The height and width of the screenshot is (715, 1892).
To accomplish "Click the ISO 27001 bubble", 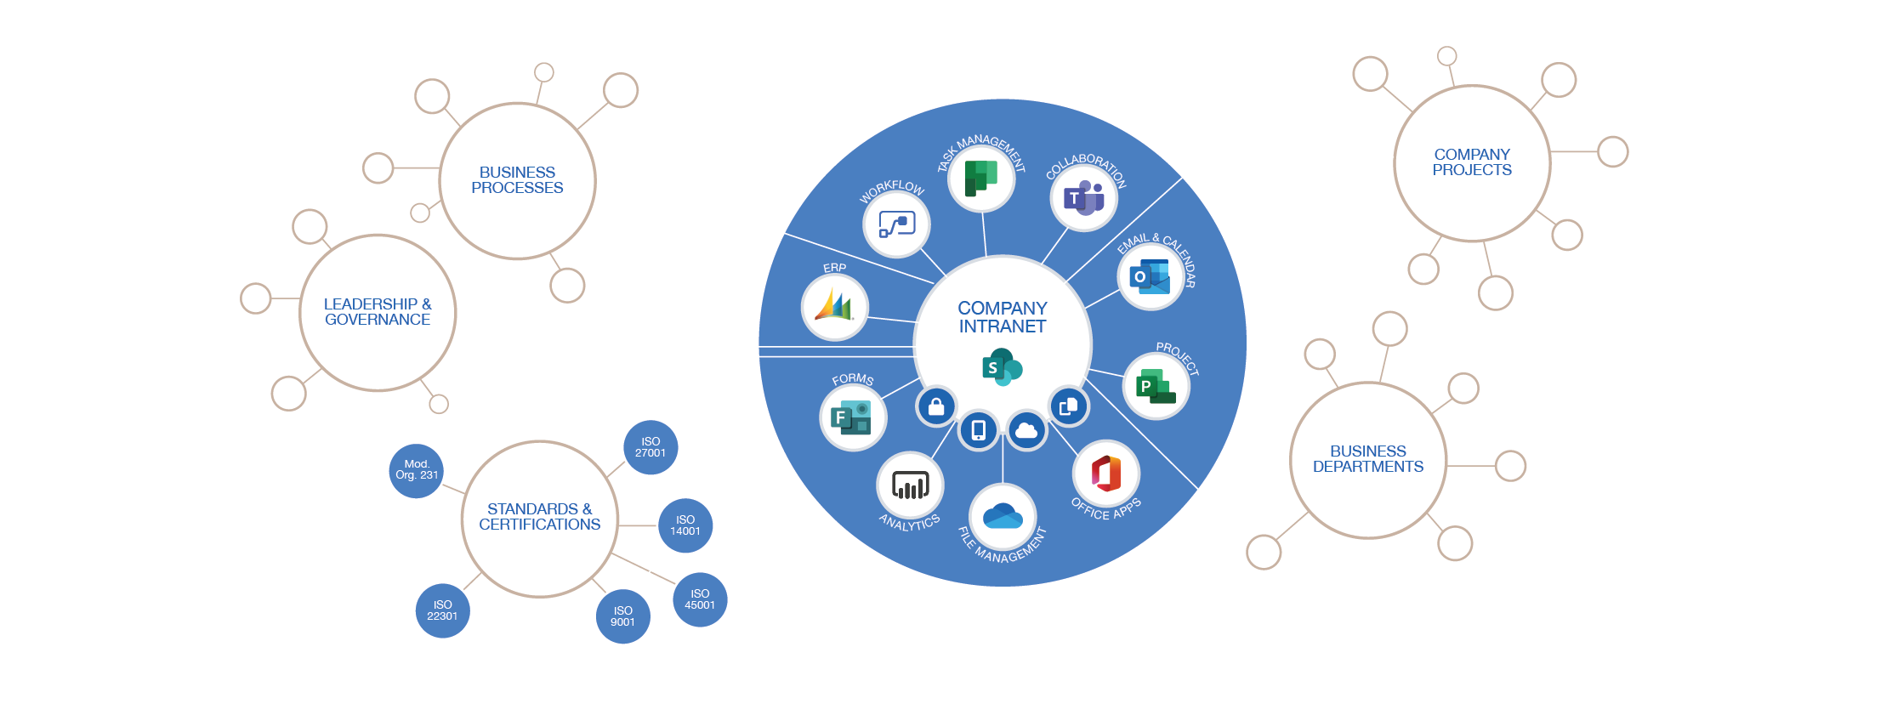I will (651, 447).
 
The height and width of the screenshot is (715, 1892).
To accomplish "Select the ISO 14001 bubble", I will (685, 525).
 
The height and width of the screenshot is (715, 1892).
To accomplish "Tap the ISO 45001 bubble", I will (700, 599).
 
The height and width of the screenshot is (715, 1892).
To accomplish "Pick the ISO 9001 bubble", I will (622, 616).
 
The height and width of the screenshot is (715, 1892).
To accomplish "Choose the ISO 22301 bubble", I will (442, 610).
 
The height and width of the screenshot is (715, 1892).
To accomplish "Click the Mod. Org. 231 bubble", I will (417, 470).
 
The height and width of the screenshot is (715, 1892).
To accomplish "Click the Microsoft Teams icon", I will (1083, 198).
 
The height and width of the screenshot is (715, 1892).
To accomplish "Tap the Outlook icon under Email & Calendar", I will (1150, 277).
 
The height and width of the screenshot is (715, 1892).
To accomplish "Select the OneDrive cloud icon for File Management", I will (1003, 516).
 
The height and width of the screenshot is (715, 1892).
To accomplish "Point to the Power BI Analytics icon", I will (910, 485).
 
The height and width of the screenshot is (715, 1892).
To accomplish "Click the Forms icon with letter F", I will (852, 417).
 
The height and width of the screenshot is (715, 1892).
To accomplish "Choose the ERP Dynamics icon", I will (834, 306).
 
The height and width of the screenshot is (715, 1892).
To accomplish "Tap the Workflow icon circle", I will (896, 224).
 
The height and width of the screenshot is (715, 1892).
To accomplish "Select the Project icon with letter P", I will (1156, 387).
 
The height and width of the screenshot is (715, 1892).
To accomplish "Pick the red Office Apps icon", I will (1105, 474).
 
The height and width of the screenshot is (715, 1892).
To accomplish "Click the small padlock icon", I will (936, 406).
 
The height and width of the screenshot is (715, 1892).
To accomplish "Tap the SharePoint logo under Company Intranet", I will (1002, 367).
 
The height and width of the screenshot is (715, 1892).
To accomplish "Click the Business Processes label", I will (517, 180).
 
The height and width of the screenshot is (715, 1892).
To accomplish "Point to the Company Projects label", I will (1472, 162).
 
